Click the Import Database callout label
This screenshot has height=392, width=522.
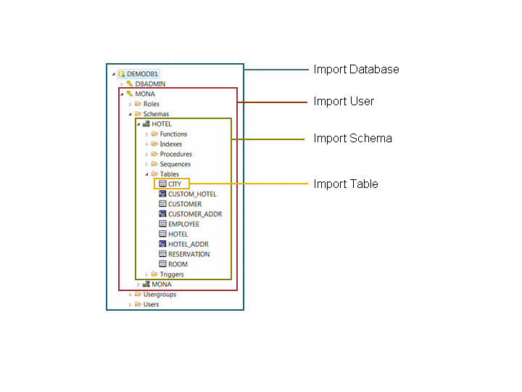pyautogui.click(x=356, y=70)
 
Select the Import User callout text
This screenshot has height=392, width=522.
pyautogui.click(x=344, y=102)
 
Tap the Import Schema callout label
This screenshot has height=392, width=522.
pyautogui.click(x=352, y=138)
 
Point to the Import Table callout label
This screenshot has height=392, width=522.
pyautogui.click(x=346, y=184)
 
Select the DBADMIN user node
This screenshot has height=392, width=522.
pyautogui.click(x=150, y=83)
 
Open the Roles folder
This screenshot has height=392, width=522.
pyautogui.click(x=151, y=104)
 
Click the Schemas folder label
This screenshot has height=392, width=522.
pyautogui.click(x=156, y=114)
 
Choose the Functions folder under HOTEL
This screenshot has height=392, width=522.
pyautogui.click(x=173, y=134)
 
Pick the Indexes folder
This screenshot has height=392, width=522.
pyautogui.click(x=171, y=144)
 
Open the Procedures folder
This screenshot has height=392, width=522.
pyautogui.click(x=175, y=154)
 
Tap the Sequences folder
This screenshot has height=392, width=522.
pyautogui.click(x=175, y=164)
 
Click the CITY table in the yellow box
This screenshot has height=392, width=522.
pyautogui.click(x=175, y=184)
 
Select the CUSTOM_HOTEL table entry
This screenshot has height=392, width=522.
pyautogui.click(x=191, y=194)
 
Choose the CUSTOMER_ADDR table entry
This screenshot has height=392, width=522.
pyautogui.click(x=194, y=214)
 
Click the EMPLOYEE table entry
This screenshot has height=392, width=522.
pyautogui.click(x=183, y=224)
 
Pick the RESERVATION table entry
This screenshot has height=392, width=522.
pyautogui.click(x=188, y=254)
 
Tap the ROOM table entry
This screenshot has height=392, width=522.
pyautogui.click(x=178, y=264)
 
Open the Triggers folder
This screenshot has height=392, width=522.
pyautogui.click(x=172, y=274)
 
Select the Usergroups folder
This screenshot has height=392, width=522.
pyautogui.click(x=159, y=295)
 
